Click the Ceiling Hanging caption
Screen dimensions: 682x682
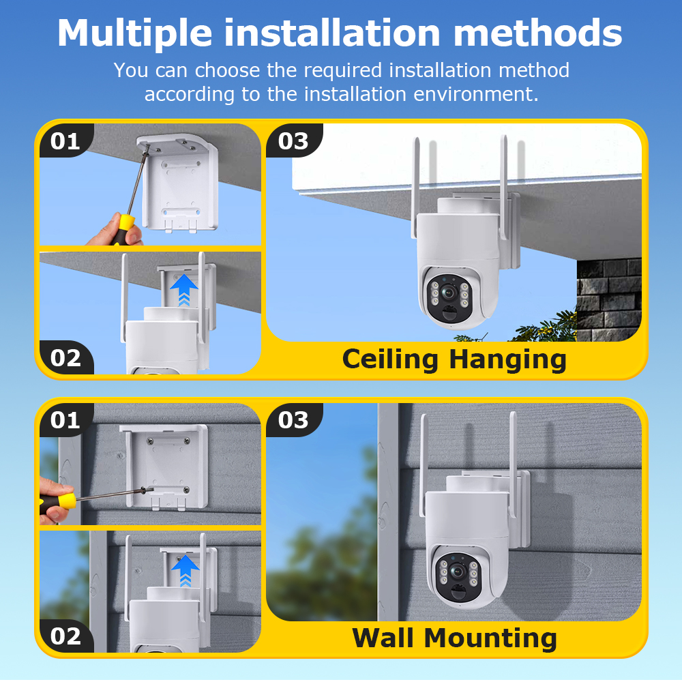pos(454,359)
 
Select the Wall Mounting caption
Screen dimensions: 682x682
pos(454,638)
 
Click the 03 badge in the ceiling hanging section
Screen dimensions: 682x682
pos(293,141)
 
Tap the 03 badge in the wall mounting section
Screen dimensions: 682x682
pos(293,420)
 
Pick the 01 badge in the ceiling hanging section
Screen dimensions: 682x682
pos(65,141)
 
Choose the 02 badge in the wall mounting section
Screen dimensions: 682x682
pos(65,636)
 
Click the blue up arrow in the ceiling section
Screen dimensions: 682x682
pos(183,289)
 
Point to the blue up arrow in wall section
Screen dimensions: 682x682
pos(184,569)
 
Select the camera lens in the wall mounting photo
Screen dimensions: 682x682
pos(458,570)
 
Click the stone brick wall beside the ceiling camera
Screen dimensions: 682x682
pos(609,293)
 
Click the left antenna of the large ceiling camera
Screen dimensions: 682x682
pos(415,188)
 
